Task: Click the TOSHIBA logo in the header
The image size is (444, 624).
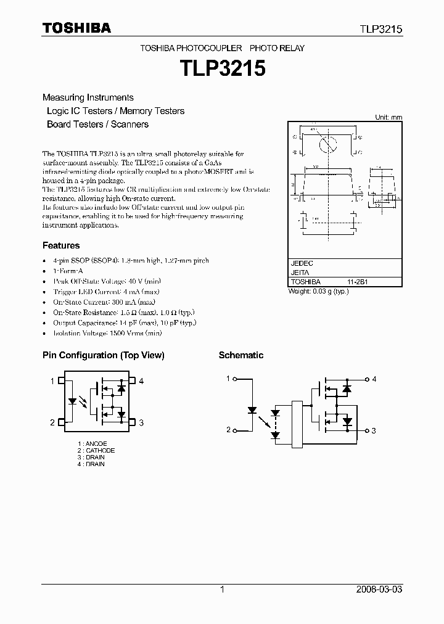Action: point(76,28)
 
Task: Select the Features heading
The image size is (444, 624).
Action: point(61,245)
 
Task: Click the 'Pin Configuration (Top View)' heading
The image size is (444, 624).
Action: point(103,355)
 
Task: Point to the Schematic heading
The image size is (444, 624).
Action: point(241,355)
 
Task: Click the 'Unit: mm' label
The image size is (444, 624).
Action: point(388,117)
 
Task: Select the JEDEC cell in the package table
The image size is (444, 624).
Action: point(302,263)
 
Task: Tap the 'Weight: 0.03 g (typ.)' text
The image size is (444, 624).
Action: point(319,291)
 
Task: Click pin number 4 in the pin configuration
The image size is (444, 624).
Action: point(141,382)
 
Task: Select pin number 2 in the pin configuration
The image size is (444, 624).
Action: point(52,422)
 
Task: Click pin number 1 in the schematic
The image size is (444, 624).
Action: point(228,379)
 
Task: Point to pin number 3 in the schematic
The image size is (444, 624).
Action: point(374,430)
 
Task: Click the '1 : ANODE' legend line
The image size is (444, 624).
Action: point(92,444)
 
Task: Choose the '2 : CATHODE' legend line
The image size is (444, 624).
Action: point(96,451)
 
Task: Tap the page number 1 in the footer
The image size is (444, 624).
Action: point(222,589)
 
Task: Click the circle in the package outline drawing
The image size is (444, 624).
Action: point(327,144)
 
